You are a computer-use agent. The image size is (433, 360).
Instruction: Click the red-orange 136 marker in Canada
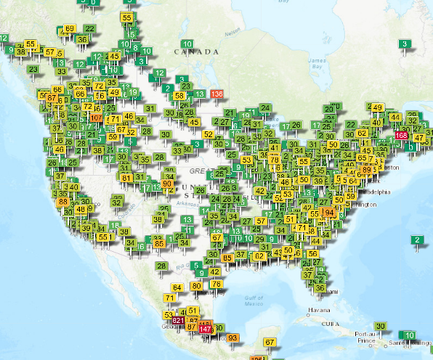(216, 94)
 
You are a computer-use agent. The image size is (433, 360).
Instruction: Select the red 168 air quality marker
(401, 136)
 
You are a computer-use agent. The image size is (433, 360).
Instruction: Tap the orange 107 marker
(96, 118)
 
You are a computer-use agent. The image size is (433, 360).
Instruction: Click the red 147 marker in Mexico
(205, 330)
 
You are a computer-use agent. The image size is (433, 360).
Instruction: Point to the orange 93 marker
(233, 338)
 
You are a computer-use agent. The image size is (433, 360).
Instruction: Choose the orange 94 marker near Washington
(330, 213)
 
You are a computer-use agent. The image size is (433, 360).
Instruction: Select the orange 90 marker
(168, 184)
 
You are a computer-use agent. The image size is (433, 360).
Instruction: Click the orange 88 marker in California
(63, 202)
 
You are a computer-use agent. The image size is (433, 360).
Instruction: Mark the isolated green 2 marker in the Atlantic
(416, 240)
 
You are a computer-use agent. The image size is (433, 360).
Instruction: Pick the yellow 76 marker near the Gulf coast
(216, 284)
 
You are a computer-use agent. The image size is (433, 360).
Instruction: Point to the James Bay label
(315, 63)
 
